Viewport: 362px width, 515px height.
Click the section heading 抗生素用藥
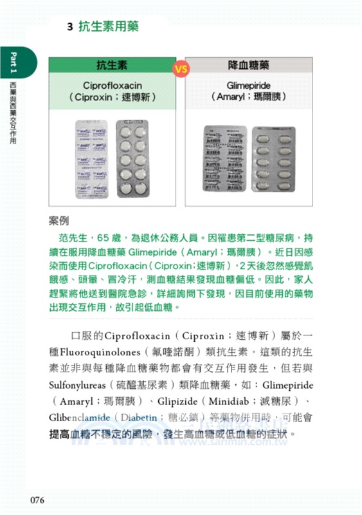click(109, 27)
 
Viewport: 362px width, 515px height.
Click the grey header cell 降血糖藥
click(249, 66)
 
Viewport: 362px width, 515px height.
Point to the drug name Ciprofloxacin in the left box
click(112, 85)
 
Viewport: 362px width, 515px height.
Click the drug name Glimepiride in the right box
click(249, 85)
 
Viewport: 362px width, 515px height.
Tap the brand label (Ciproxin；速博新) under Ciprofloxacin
click(112, 98)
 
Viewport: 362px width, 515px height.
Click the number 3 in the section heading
click(69, 27)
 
